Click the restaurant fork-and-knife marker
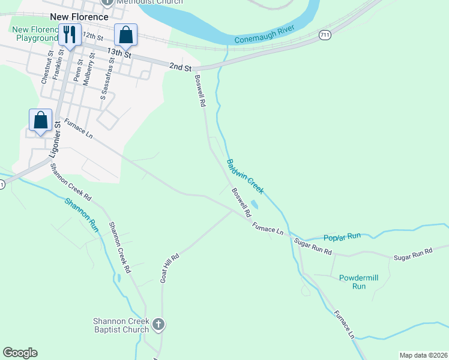(70, 35)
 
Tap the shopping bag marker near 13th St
(126, 35)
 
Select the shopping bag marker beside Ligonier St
(40, 119)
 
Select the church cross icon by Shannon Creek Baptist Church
(158, 325)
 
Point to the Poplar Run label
(342, 236)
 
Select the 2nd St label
(180, 67)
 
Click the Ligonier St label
(53, 142)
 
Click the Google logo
(20, 353)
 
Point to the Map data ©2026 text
(423, 355)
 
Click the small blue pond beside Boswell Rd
(255, 205)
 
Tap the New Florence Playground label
(35, 34)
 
